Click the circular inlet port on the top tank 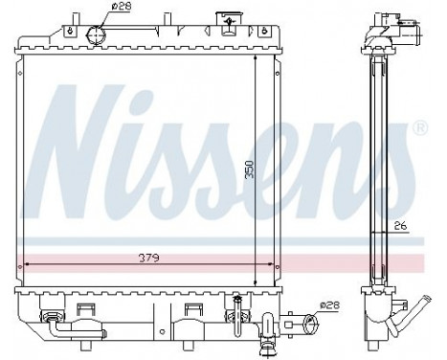point(95,35)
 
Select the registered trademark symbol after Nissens point(418,126)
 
